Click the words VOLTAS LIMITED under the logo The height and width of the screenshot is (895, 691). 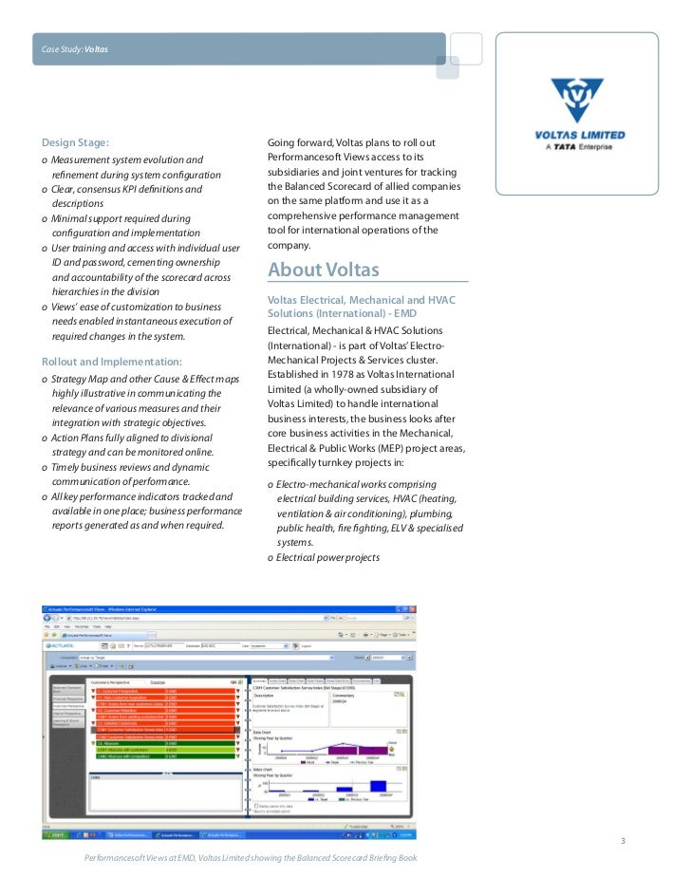[579, 135]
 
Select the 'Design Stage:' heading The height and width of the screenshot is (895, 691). [76, 142]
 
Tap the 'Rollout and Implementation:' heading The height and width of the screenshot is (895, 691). [112, 362]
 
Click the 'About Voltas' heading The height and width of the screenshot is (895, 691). [323, 270]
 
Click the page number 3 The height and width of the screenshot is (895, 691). [623, 842]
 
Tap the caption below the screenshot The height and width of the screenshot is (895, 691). [250, 858]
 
